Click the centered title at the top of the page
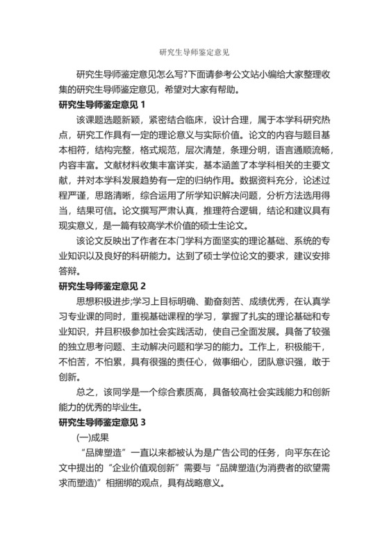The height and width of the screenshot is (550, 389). [194, 51]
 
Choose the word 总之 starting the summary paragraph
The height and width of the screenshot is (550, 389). [84, 392]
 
